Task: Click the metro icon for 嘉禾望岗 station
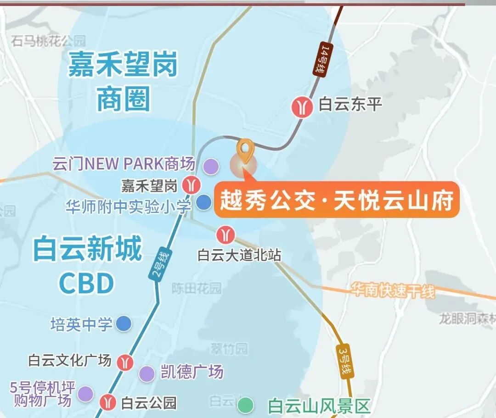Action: pos(190,185)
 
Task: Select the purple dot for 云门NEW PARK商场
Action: pos(211,166)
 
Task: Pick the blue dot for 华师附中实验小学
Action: pos(203,202)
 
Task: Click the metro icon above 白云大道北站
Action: pos(225,235)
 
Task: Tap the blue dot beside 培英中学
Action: pos(123,324)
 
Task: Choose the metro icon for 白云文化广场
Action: pos(125,362)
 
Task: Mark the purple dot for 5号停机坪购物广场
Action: pos(85,394)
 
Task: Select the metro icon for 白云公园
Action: pos(109,402)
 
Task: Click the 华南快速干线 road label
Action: pos(392,290)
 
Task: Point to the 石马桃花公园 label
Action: pos(49,41)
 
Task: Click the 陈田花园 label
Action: pos(197,288)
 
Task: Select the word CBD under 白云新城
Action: pos(86,284)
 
